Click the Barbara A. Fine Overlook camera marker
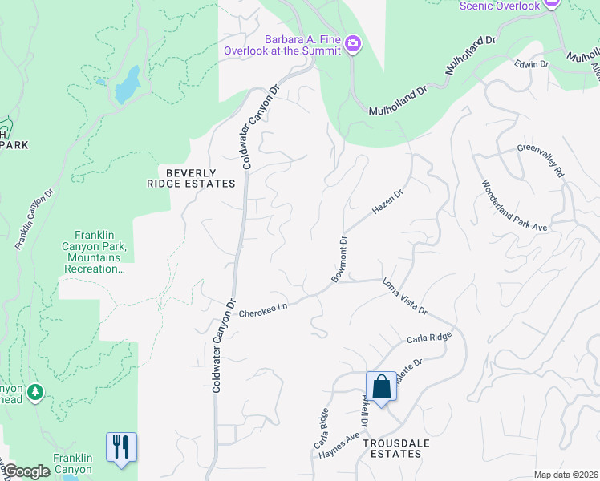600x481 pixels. [354, 42]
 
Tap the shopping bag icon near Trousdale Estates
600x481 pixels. [382, 387]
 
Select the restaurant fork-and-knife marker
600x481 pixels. [121, 446]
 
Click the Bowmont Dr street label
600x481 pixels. [338, 259]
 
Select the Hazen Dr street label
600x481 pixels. [387, 202]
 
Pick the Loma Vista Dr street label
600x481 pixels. [404, 296]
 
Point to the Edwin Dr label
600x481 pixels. [531, 63]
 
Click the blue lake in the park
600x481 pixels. [128, 84]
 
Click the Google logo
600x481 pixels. [26, 471]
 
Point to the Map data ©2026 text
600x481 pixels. [566, 475]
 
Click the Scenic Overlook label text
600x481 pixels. [499, 6]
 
